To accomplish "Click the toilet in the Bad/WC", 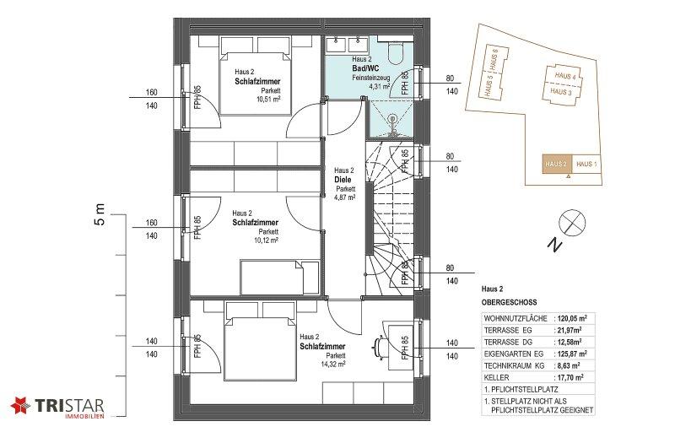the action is pyautogui.click(x=395, y=52).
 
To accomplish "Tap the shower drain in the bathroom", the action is pyautogui.click(x=392, y=117).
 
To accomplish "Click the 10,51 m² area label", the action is pyautogui.click(x=268, y=99).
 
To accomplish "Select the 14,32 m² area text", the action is pyautogui.click(x=333, y=364).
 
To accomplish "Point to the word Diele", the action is pyautogui.click(x=343, y=180).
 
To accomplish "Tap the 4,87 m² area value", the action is pyautogui.click(x=345, y=197).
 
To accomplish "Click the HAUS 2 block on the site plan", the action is pyautogui.click(x=557, y=164).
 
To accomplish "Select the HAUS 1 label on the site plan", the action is pyautogui.click(x=586, y=164).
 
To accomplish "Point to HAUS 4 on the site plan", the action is pyautogui.click(x=565, y=76).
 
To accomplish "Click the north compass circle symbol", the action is pyautogui.click(x=572, y=223).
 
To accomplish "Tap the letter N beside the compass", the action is pyautogui.click(x=555, y=244).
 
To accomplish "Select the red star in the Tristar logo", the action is pyautogui.click(x=20, y=405).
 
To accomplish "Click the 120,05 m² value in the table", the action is pyautogui.click(x=572, y=319).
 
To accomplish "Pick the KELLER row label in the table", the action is pyautogui.click(x=496, y=377).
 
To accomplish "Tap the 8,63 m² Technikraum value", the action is pyautogui.click(x=569, y=365).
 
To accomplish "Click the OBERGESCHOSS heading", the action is pyautogui.click(x=510, y=302).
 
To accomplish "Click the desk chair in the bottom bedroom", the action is pyautogui.click(x=379, y=347).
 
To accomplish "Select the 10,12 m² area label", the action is pyautogui.click(x=266, y=240).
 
